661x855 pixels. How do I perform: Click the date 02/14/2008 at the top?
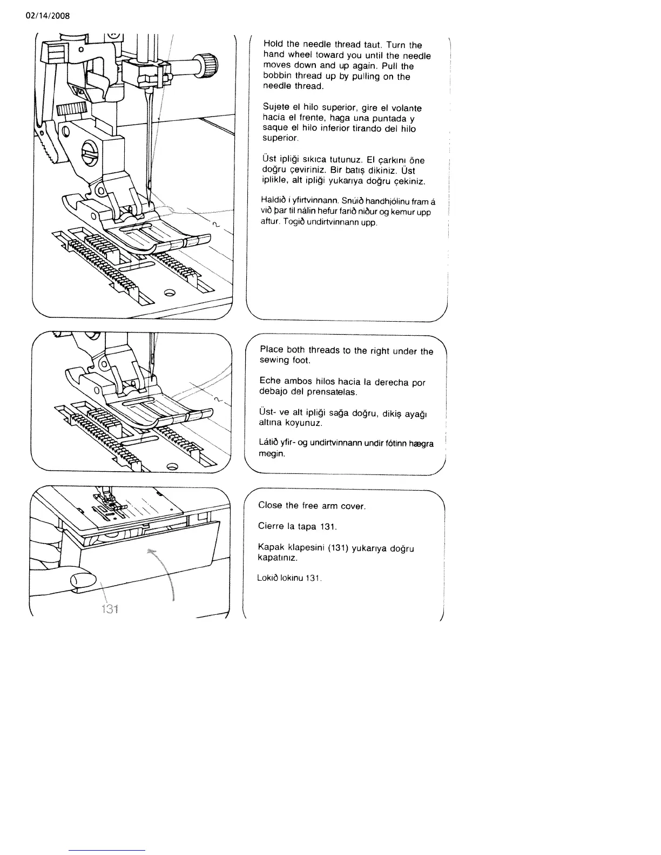pyautogui.click(x=48, y=15)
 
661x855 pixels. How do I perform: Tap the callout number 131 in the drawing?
pyautogui.click(x=110, y=609)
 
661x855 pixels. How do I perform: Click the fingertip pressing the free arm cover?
pyautogui.click(x=82, y=580)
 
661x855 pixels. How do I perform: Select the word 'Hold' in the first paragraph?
pyautogui.click(x=274, y=44)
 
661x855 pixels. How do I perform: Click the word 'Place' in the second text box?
pyautogui.click(x=272, y=349)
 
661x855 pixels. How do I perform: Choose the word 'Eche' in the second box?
pyautogui.click(x=270, y=381)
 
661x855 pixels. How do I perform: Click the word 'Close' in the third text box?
pyautogui.click(x=270, y=505)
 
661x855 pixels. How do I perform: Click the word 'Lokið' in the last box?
pyautogui.click(x=267, y=578)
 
